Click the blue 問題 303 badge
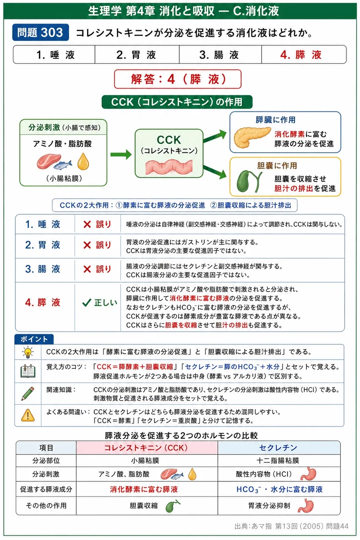(41, 32)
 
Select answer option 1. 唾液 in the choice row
(55, 55)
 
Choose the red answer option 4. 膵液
(301, 55)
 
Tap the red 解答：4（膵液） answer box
(178, 79)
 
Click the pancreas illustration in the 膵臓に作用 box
(252, 137)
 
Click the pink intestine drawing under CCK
(169, 166)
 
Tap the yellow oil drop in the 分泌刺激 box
(83, 162)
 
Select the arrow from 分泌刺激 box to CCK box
(121, 154)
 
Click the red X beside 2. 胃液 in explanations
(87, 246)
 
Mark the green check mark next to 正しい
(87, 302)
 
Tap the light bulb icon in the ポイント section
(28, 352)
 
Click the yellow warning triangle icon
(28, 415)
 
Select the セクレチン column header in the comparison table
(279, 448)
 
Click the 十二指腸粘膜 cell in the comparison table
(278, 461)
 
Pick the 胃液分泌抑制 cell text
(269, 505)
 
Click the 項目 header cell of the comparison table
(46, 448)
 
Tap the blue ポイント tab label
(34, 339)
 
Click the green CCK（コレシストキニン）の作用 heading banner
(177, 102)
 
